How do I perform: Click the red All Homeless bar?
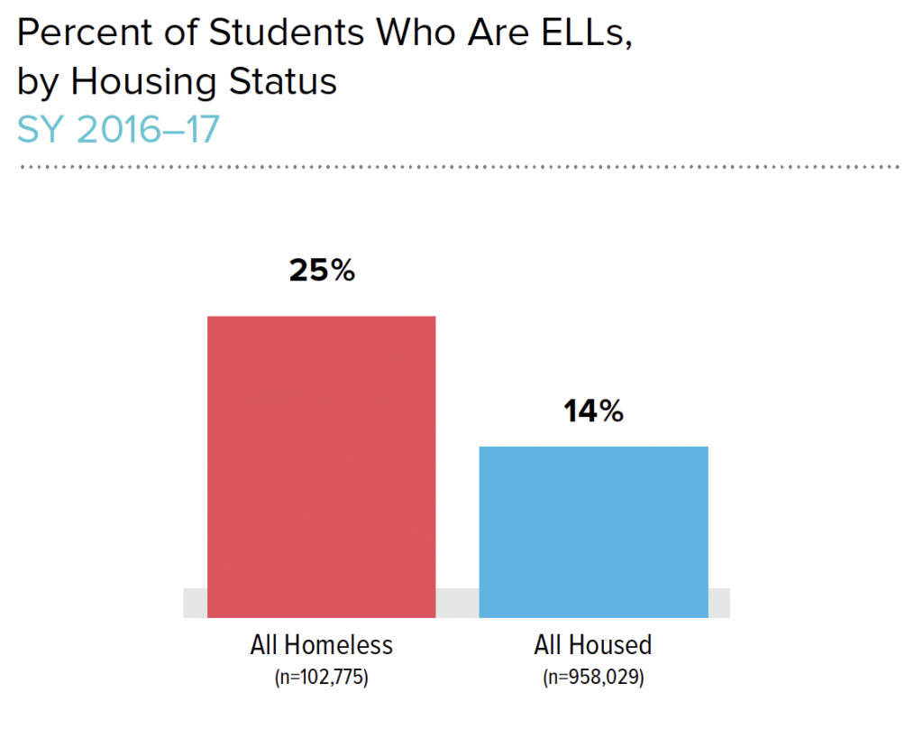322,466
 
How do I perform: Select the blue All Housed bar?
593,531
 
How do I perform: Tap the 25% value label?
322,271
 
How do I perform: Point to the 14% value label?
593,411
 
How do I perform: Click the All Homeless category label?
322,646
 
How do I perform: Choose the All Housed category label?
592,646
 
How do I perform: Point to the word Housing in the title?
143,82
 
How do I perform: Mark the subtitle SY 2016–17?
118,130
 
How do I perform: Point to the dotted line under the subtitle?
460,167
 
